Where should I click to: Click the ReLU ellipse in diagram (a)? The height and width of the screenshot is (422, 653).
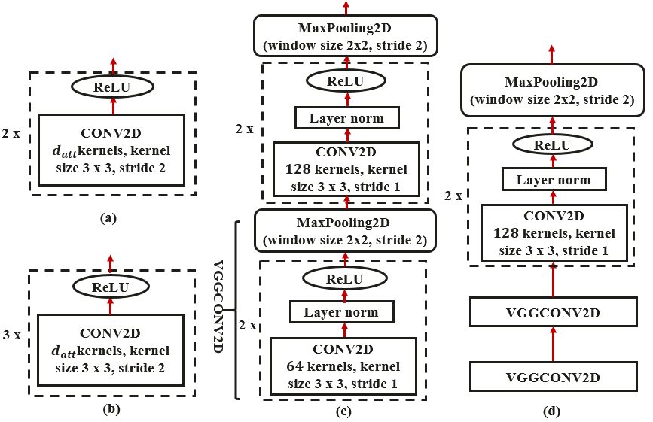pos(112,87)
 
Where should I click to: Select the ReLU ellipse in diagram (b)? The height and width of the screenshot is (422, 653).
pos(111,287)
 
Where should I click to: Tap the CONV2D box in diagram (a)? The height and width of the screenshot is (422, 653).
pos(111,150)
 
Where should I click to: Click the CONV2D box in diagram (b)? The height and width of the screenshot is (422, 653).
pos(111,350)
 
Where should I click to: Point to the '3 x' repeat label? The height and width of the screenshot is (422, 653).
pos(11,335)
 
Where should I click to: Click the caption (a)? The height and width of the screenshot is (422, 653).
pos(108,218)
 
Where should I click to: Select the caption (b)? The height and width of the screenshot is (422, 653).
pos(111,409)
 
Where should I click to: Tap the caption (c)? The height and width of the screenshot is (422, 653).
pos(343,411)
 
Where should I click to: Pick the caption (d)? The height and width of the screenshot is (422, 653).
pos(552,411)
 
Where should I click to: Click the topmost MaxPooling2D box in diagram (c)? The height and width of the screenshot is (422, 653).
pos(346,36)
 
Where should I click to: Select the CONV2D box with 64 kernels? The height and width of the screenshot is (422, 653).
pos(343,366)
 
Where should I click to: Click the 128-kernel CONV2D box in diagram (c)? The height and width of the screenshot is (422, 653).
pos(346,169)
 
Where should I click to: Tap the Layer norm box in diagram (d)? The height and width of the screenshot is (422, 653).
pos(554,179)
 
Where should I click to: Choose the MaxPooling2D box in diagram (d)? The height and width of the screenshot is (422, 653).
pos(552,90)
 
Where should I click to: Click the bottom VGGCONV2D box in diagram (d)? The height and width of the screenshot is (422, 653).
pos(554,377)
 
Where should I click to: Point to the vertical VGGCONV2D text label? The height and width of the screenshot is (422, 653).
pos(218,306)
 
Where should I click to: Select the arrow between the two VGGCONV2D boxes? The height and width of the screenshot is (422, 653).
pos(554,345)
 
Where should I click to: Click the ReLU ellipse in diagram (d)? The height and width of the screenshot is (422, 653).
pos(552,144)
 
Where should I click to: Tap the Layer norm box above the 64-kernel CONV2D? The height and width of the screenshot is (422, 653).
pos(341,312)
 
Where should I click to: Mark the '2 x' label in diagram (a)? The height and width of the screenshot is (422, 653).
pos(11,134)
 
